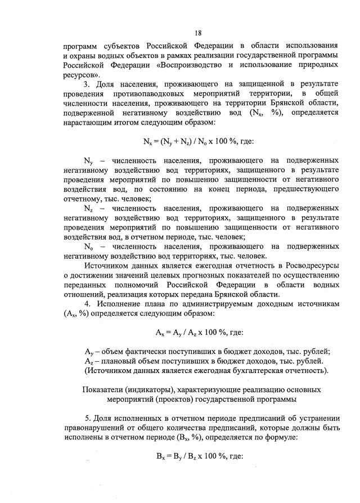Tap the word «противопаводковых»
pos(148,93)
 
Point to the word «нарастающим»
pos(88,122)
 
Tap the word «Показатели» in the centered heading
pos(105,390)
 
